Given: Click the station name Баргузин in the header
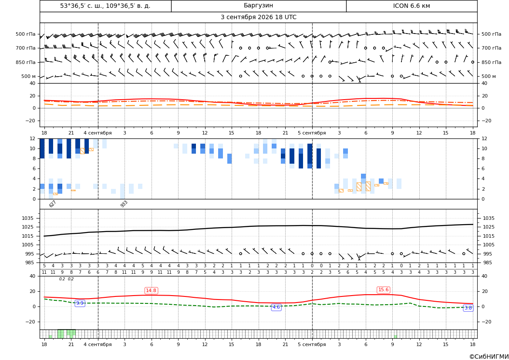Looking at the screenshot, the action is click(x=258, y=6).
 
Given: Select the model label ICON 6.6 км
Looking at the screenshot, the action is click(x=411, y=6).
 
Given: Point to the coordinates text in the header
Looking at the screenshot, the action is click(x=105, y=6).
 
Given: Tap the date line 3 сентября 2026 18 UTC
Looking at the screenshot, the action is click(x=258, y=17).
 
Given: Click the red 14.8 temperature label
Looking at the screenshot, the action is click(x=151, y=290).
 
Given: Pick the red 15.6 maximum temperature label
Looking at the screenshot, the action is click(x=383, y=289).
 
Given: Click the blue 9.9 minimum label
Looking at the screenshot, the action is click(x=80, y=303).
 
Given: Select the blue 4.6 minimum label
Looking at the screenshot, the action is click(x=276, y=307).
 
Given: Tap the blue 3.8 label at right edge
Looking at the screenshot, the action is click(x=468, y=308).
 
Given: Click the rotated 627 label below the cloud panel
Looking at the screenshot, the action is click(x=53, y=204).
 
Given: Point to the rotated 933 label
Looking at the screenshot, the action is click(x=124, y=204).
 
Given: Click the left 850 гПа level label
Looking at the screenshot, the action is click(x=26, y=62).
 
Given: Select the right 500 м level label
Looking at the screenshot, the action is click(x=489, y=76).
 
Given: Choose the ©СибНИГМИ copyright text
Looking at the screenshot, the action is click(x=489, y=357).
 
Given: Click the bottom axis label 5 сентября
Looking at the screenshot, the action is click(x=312, y=344).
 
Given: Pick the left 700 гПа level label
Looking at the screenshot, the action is click(x=26, y=48).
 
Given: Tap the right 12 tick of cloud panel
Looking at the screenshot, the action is click(x=484, y=138).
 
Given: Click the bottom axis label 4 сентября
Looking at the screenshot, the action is click(x=98, y=344).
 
